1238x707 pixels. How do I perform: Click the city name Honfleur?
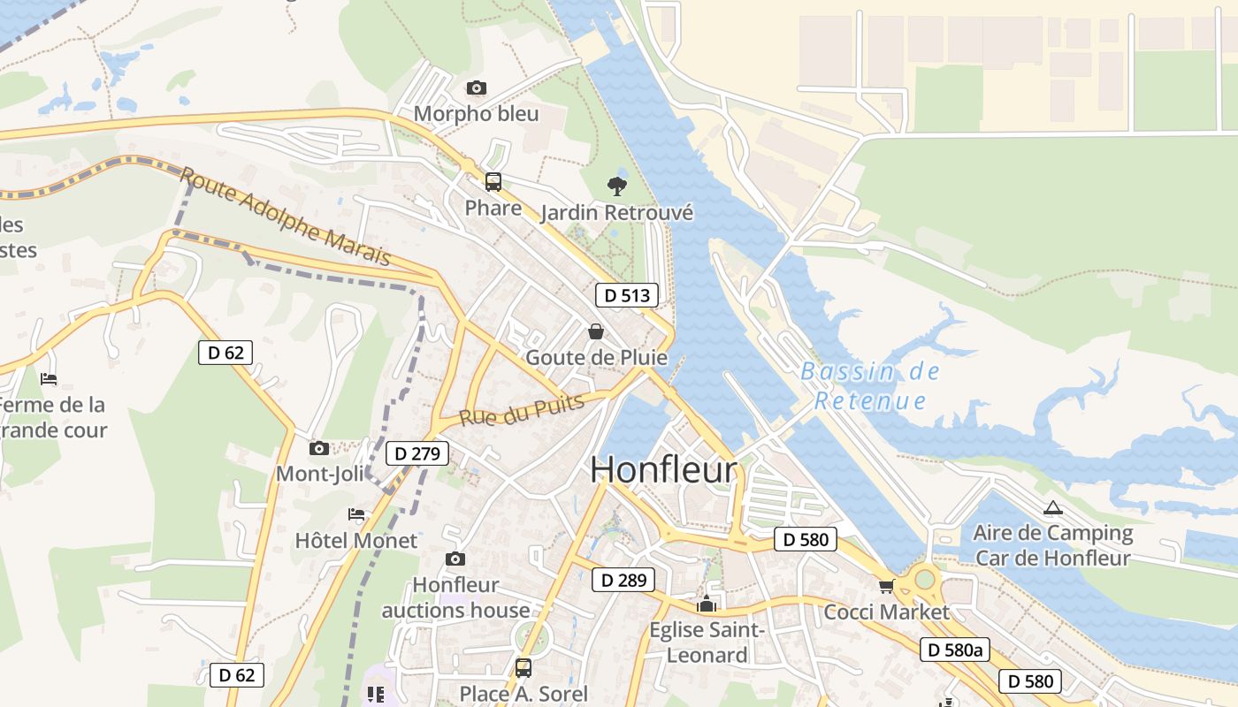(663, 469)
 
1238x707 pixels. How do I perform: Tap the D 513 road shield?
(627, 295)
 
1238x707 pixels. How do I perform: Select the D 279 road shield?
(418, 454)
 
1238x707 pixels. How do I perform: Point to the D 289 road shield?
(623, 580)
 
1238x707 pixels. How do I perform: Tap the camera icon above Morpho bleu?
(477, 87)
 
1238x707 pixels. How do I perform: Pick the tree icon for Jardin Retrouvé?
(617, 186)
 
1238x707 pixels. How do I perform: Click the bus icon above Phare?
(493, 182)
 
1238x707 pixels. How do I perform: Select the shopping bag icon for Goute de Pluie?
(596, 331)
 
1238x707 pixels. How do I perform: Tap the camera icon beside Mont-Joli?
(319, 448)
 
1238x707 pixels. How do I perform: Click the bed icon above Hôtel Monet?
(356, 514)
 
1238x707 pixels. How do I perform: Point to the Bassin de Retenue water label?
(870, 386)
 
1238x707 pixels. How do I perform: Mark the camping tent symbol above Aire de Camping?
(1052, 507)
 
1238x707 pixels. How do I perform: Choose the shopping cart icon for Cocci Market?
(887, 586)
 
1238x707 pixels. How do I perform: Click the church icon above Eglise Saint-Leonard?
(707, 604)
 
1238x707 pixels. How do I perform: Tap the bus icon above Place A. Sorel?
(523, 667)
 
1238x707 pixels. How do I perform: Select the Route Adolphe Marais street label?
(285, 217)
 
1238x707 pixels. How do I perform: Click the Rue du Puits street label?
(522, 410)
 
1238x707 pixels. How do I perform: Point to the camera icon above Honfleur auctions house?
(455, 559)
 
